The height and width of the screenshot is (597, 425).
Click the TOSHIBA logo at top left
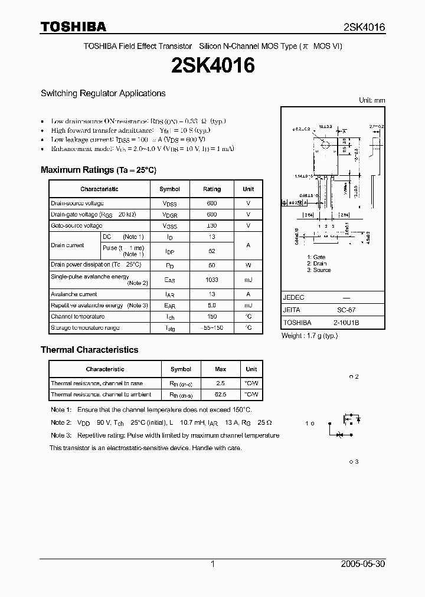pyautogui.click(x=73, y=27)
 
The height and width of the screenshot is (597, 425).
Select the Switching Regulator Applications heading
pyautogui.click(x=103, y=93)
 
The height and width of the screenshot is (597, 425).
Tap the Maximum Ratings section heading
pyautogui.click(x=99, y=170)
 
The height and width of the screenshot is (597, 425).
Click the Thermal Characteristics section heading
pyautogui.click(x=89, y=350)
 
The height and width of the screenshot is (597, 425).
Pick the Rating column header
pyautogui.click(x=212, y=189)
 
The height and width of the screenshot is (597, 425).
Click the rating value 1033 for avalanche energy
pyautogui.click(x=212, y=280)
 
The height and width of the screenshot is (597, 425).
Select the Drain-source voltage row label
pyautogui.click(x=77, y=203)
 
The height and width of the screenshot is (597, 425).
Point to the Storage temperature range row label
pyautogui.click(x=85, y=327)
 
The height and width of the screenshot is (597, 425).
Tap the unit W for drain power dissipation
pyautogui.click(x=249, y=265)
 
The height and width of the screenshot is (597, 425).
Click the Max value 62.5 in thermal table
pyautogui.click(x=220, y=394)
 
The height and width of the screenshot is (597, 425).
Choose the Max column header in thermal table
pyautogui.click(x=220, y=369)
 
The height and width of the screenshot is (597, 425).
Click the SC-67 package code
pyautogui.click(x=346, y=310)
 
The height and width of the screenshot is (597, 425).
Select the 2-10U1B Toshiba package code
pyautogui.click(x=347, y=323)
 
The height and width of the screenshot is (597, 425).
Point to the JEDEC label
pyautogui.click(x=294, y=297)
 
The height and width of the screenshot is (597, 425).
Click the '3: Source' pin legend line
pyautogui.click(x=319, y=270)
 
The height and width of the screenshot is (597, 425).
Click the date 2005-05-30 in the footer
pyautogui.click(x=363, y=564)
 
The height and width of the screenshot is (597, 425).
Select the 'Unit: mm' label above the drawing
pyautogui.click(x=372, y=100)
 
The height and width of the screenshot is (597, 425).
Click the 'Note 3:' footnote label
pyautogui.click(x=61, y=435)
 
